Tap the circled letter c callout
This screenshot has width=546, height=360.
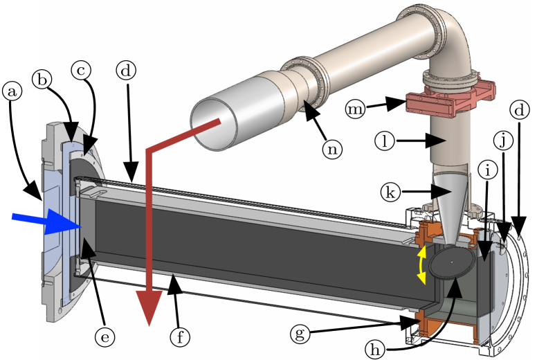pyautogui.click(x=83, y=70)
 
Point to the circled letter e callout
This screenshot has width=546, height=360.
pyautogui.click(x=105, y=336)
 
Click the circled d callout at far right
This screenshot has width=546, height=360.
pyautogui.click(x=520, y=109)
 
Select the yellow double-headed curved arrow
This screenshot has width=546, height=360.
pyautogui.click(x=420, y=266)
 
